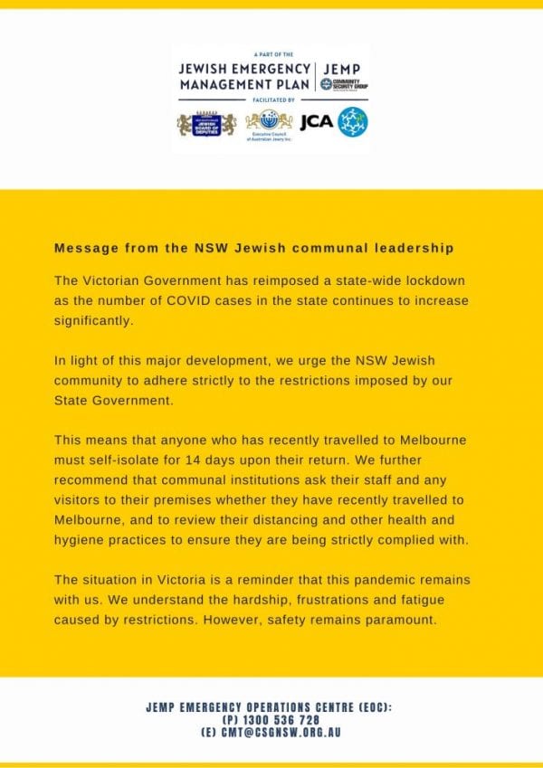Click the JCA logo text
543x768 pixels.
pyautogui.click(x=316, y=122)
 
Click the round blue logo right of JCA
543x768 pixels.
pyautogui.click(x=352, y=121)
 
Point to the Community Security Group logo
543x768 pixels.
pyautogui.click(x=344, y=84)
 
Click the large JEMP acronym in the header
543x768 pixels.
pyautogui.click(x=344, y=68)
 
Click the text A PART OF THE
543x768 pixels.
pyautogui.click(x=271, y=54)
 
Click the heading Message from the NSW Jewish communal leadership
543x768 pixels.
pyautogui.click(x=254, y=248)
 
